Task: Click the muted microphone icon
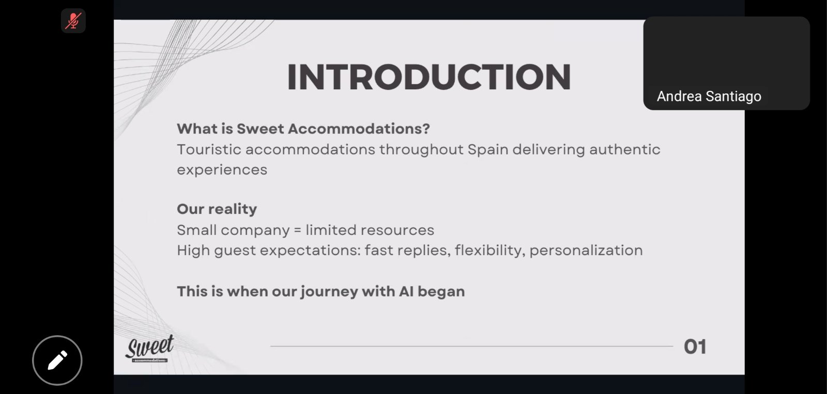click(73, 21)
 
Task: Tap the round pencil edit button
click(57, 360)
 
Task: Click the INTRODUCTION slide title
click(429, 77)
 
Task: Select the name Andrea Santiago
click(709, 96)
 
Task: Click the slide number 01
click(695, 347)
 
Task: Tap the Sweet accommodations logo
click(149, 349)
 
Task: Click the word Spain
click(488, 149)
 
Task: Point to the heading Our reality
click(217, 209)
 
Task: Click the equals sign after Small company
click(298, 230)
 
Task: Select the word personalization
click(586, 250)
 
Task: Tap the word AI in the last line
click(406, 291)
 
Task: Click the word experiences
click(222, 170)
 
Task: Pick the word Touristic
click(209, 149)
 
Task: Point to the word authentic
click(625, 149)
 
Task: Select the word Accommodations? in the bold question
click(359, 129)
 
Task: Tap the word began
click(441, 292)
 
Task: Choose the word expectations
click(310, 250)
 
